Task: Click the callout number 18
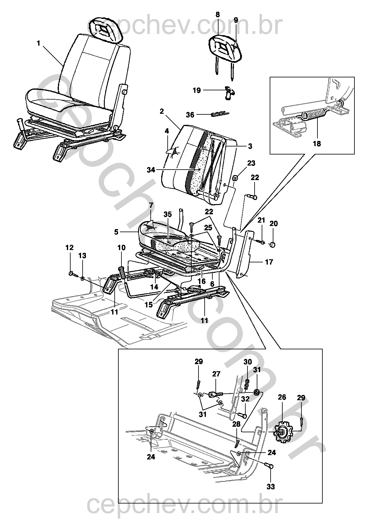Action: coord(317,143)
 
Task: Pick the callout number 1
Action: coord(39,43)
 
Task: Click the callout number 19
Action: coord(197,90)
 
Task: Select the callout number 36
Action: coord(190,115)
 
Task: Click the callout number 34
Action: coord(151,170)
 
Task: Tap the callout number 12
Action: coord(69,248)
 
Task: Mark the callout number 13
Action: coord(82,256)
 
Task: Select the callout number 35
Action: coord(168,214)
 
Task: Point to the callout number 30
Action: coord(247,362)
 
